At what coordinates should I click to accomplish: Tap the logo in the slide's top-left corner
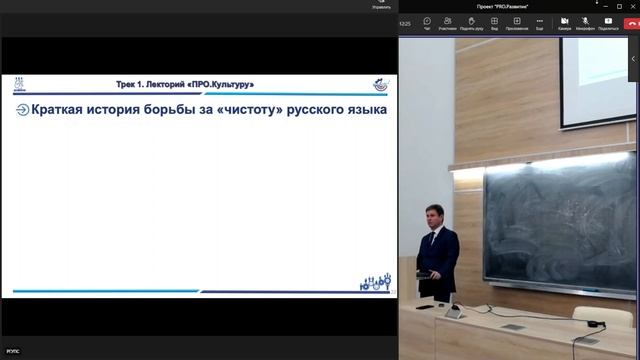19,84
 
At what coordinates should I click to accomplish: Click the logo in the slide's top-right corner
379,84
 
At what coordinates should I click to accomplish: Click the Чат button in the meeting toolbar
427,23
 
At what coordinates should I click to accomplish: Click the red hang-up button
631,23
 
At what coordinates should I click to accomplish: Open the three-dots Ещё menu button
539,23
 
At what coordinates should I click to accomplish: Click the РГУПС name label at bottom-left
13,352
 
